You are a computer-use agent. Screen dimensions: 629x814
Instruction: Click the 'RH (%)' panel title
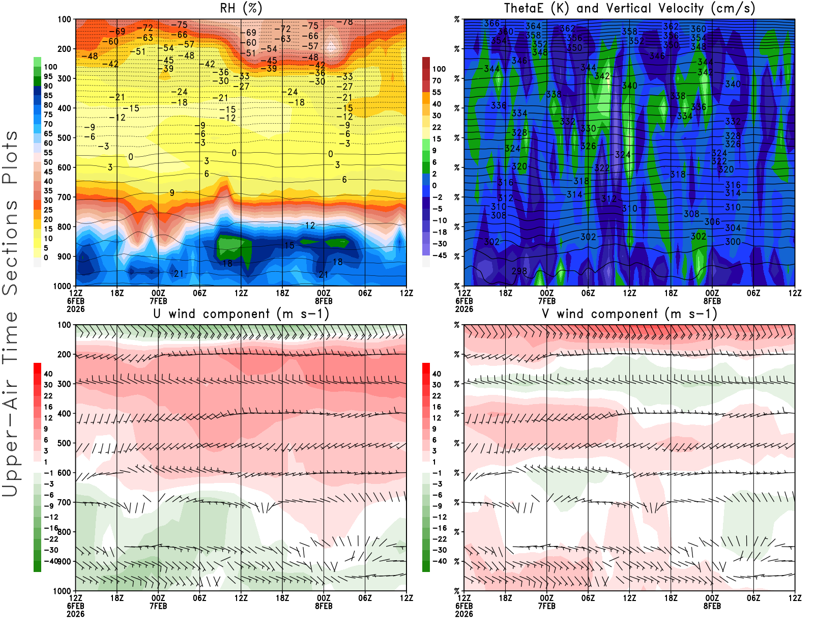point(241,8)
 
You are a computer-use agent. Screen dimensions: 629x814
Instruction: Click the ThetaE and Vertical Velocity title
point(629,8)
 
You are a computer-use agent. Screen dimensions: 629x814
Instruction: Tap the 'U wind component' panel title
point(241,313)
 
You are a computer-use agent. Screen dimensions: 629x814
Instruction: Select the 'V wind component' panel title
point(629,313)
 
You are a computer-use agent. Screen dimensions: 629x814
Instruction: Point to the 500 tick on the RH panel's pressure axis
point(64,138)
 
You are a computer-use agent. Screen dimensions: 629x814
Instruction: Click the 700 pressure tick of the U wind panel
point(64,502)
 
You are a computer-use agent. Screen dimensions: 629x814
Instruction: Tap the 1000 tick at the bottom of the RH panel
point(62,286)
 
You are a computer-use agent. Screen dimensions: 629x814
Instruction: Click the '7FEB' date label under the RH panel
point(158,301)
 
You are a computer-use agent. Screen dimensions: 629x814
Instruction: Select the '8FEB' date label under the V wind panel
point(712,606)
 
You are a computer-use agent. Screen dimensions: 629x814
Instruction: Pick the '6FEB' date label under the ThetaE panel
point(464,301)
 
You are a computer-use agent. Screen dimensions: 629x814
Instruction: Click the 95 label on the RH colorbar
point(48,76)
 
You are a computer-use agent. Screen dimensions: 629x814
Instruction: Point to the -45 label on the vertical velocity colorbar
point(440,255)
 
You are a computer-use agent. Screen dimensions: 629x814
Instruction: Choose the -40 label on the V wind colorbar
point(440,561)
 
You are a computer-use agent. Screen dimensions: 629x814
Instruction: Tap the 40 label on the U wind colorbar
point(48,374)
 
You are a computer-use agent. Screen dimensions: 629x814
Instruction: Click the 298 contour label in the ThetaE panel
point(519,271)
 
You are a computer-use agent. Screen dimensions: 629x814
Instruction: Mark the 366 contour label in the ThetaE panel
point(492,23)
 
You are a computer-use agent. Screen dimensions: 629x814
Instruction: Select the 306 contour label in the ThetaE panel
point(712,222)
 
